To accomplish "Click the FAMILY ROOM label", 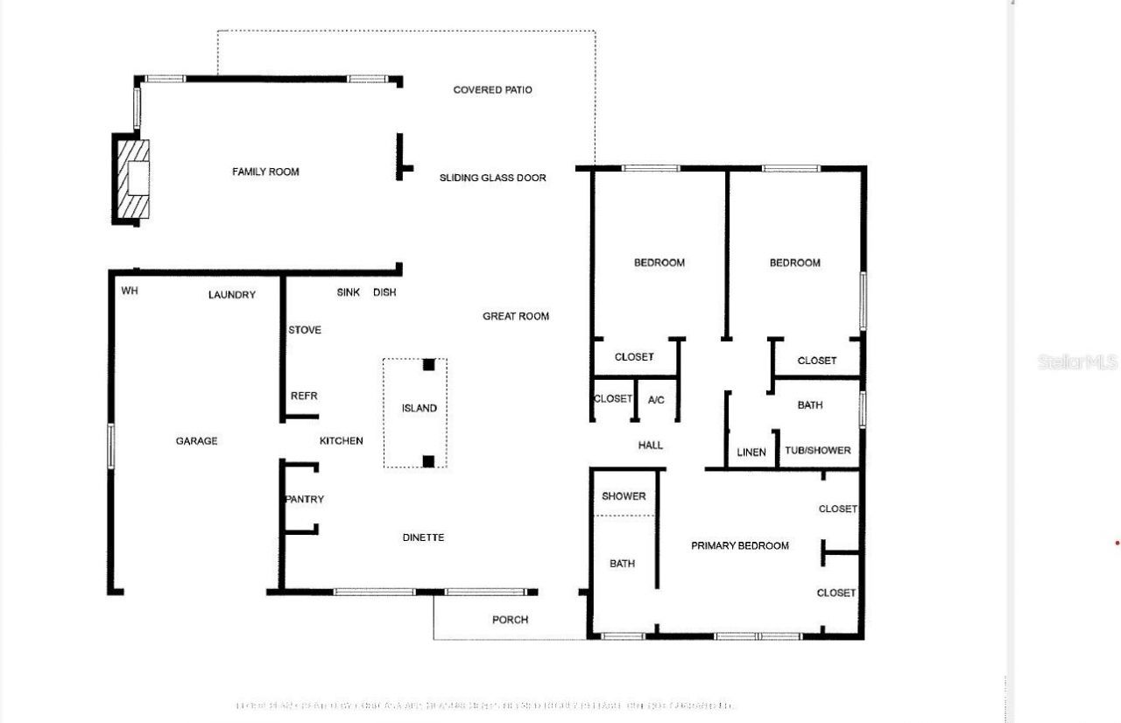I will tap(265, 172).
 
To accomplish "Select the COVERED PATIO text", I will tap(492, 90).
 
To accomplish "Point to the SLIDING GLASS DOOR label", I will tap(492, 178).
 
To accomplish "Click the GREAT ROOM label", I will tap(516, 316).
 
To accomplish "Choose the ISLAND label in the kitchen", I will tap(419, 409).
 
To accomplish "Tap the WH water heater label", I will tap(130, 291).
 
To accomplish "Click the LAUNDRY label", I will tap(232, 295).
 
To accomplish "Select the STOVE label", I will tap(305, 330).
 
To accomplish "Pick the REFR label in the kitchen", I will tap(304, 397).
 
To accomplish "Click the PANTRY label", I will tap(304, 500).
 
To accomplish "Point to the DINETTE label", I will tap(423, 537).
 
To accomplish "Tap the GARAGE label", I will tap(196, 441).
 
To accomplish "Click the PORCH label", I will tap(510, 620).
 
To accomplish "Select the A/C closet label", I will tap(656, 400).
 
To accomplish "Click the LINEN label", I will tap(751, 453).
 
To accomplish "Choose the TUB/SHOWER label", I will tap(817, 451).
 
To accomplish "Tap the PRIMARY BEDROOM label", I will tap(740, 545).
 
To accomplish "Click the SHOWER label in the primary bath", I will tap(624, 496).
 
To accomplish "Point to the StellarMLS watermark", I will tap(1077, 361).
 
